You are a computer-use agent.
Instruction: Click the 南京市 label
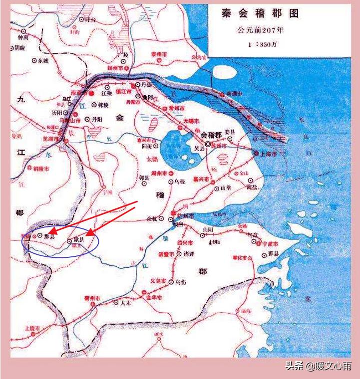[x=79, y=93]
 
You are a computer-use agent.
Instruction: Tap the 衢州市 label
[x=91, y=298]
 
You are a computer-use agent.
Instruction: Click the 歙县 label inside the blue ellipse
[x=78, y=240]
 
